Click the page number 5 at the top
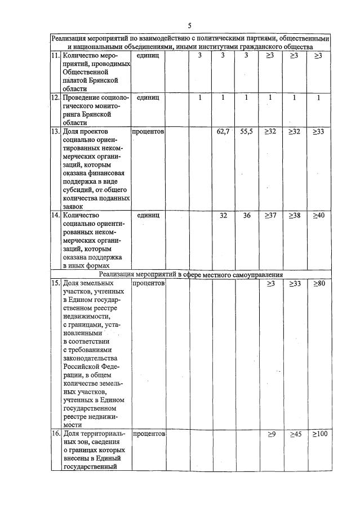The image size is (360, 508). (189, 25)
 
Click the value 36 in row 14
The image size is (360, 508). (246, 215)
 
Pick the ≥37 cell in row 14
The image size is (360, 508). (270, 215)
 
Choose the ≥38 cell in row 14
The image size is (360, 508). (294, 215)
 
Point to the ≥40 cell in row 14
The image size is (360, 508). (318, 215)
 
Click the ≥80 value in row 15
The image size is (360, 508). (318, 283)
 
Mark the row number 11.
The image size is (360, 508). (55, 56)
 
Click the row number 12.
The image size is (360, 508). (55, 97)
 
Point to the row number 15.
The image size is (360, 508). (55, 283)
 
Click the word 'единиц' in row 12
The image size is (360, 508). (148, 97)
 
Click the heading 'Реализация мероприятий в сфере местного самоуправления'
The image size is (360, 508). (189, 274)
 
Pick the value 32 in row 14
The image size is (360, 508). (223, 215)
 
